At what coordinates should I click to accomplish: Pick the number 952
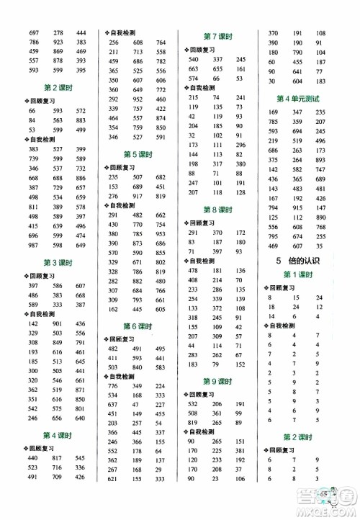point(140,99)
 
